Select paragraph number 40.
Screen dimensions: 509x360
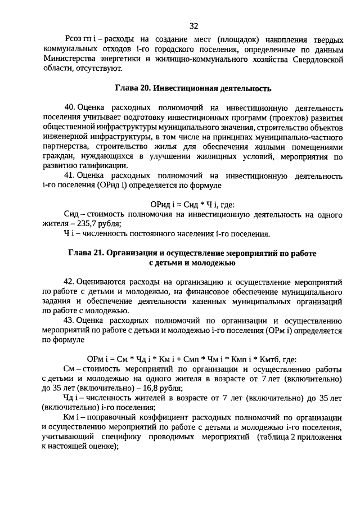(x=70, y=107)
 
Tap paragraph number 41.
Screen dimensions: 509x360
(x=70, y=175)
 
